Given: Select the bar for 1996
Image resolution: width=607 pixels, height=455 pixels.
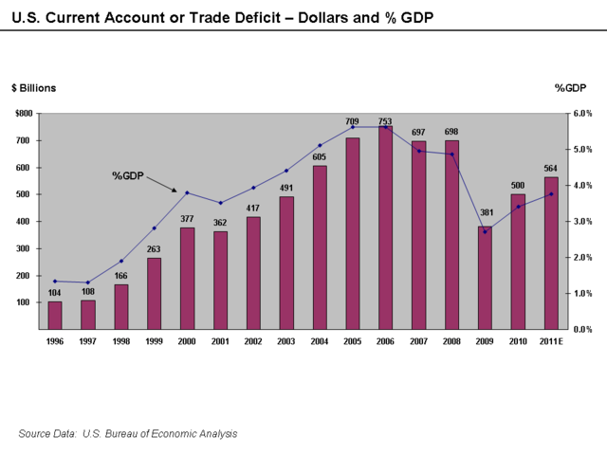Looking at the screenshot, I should pos(55,315).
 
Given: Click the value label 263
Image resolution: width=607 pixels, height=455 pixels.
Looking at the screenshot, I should pos(154,250).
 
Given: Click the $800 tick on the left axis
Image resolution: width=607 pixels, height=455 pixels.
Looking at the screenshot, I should pos(24,114).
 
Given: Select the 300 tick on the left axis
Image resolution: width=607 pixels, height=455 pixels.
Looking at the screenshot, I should pos(26,248).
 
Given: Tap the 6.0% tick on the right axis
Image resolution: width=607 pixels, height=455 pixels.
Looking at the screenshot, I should pos(581,114).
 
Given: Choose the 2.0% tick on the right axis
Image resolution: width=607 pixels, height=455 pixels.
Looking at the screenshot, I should pos(581,258).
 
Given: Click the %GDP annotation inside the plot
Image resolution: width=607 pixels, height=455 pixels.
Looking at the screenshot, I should pos(127,175).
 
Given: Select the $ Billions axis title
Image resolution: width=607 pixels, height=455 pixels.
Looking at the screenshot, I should pos(33,88).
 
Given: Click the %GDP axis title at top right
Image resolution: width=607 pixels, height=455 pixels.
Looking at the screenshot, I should pos(572,88).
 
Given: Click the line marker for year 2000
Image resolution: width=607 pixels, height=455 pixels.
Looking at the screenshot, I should pos(187,192).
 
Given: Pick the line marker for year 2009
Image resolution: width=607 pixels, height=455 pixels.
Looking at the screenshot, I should pos(485,231).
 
